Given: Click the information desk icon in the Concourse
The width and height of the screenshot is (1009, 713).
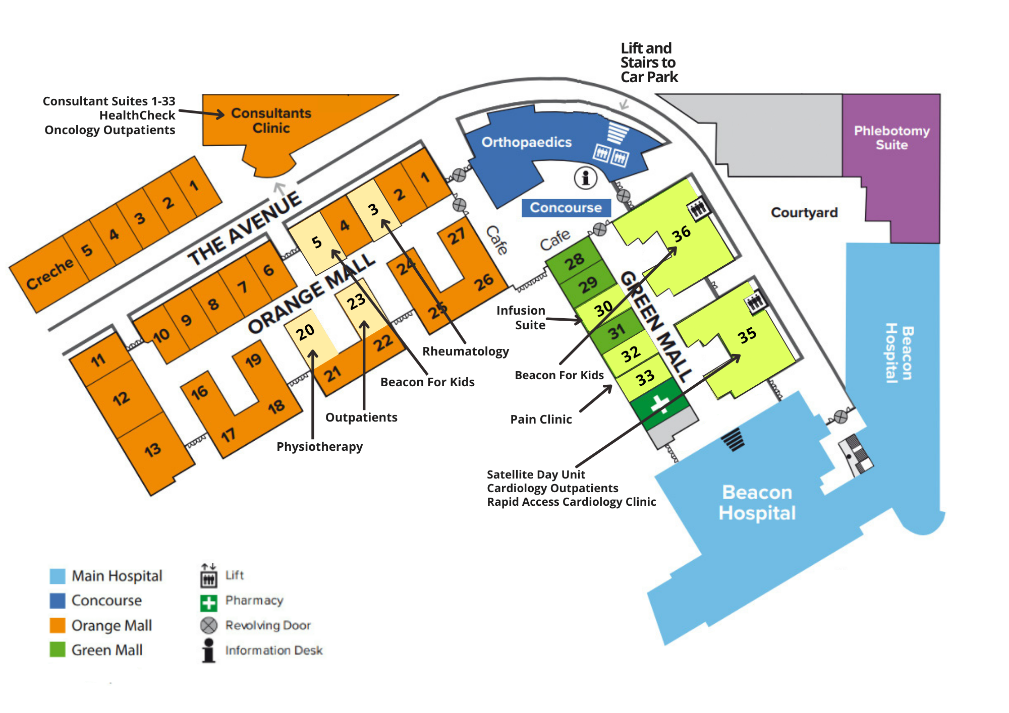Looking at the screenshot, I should (585, 177).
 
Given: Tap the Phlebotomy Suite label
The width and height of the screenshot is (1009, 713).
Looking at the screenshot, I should (891, 138).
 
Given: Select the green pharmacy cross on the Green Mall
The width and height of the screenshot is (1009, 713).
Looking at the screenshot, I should (659, 404).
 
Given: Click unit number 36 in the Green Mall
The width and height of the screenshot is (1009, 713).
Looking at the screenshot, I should (681, 234).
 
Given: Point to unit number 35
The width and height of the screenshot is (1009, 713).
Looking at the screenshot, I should (747, 335).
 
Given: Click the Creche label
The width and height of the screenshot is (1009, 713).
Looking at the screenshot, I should (49, 275).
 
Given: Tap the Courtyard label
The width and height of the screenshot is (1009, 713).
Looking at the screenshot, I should (804, 212).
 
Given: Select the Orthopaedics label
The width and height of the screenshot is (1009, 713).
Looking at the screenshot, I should (526, 142).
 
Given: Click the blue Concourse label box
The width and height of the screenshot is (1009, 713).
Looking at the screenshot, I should (566, 208).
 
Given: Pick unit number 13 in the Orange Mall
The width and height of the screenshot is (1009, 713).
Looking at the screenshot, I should (152, 449).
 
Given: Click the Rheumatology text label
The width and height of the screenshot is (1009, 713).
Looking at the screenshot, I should (465, 351).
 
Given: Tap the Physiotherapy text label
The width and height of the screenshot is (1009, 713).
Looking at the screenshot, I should (319, 446).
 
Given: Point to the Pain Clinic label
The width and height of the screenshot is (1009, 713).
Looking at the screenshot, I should (541, 419).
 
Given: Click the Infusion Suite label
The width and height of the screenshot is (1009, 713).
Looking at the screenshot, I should (521, 318).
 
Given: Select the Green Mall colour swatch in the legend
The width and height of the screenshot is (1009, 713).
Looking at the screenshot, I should (58, 649).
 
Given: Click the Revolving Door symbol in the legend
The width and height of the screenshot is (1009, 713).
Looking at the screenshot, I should (209, 625).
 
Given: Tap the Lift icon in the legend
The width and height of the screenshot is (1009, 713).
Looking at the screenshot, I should (209, 576).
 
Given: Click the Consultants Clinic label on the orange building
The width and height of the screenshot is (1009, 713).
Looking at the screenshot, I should (271, 121).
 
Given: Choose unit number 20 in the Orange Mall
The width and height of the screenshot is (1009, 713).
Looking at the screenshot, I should (305, 332).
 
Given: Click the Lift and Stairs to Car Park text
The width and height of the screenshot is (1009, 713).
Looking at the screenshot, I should (649, 63).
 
